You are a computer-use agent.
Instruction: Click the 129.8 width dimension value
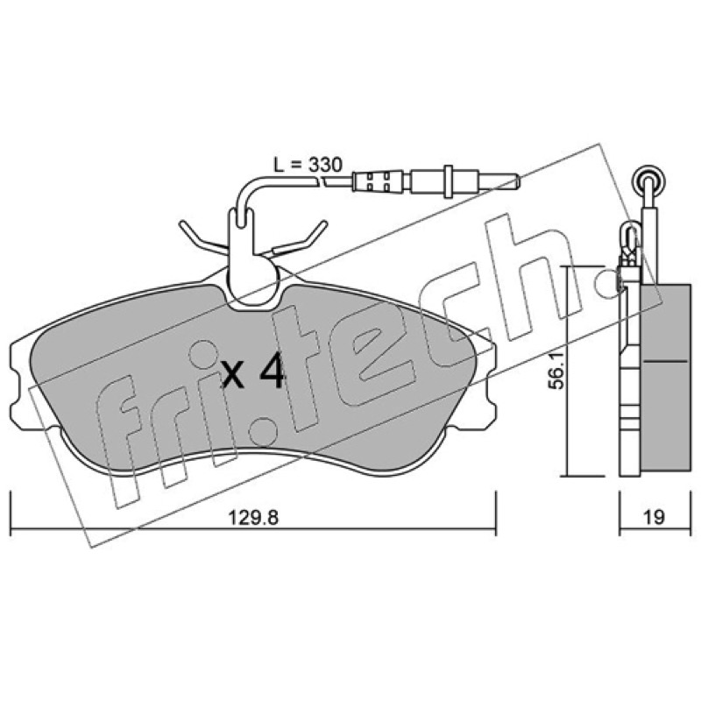point(253,518)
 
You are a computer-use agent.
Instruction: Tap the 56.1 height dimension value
point(557,370)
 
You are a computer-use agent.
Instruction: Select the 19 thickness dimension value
point(654,517)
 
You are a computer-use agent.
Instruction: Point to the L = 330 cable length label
point(308,165)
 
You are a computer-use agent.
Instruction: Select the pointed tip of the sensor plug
point(517,181)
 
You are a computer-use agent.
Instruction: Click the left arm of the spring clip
point(203,236)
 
